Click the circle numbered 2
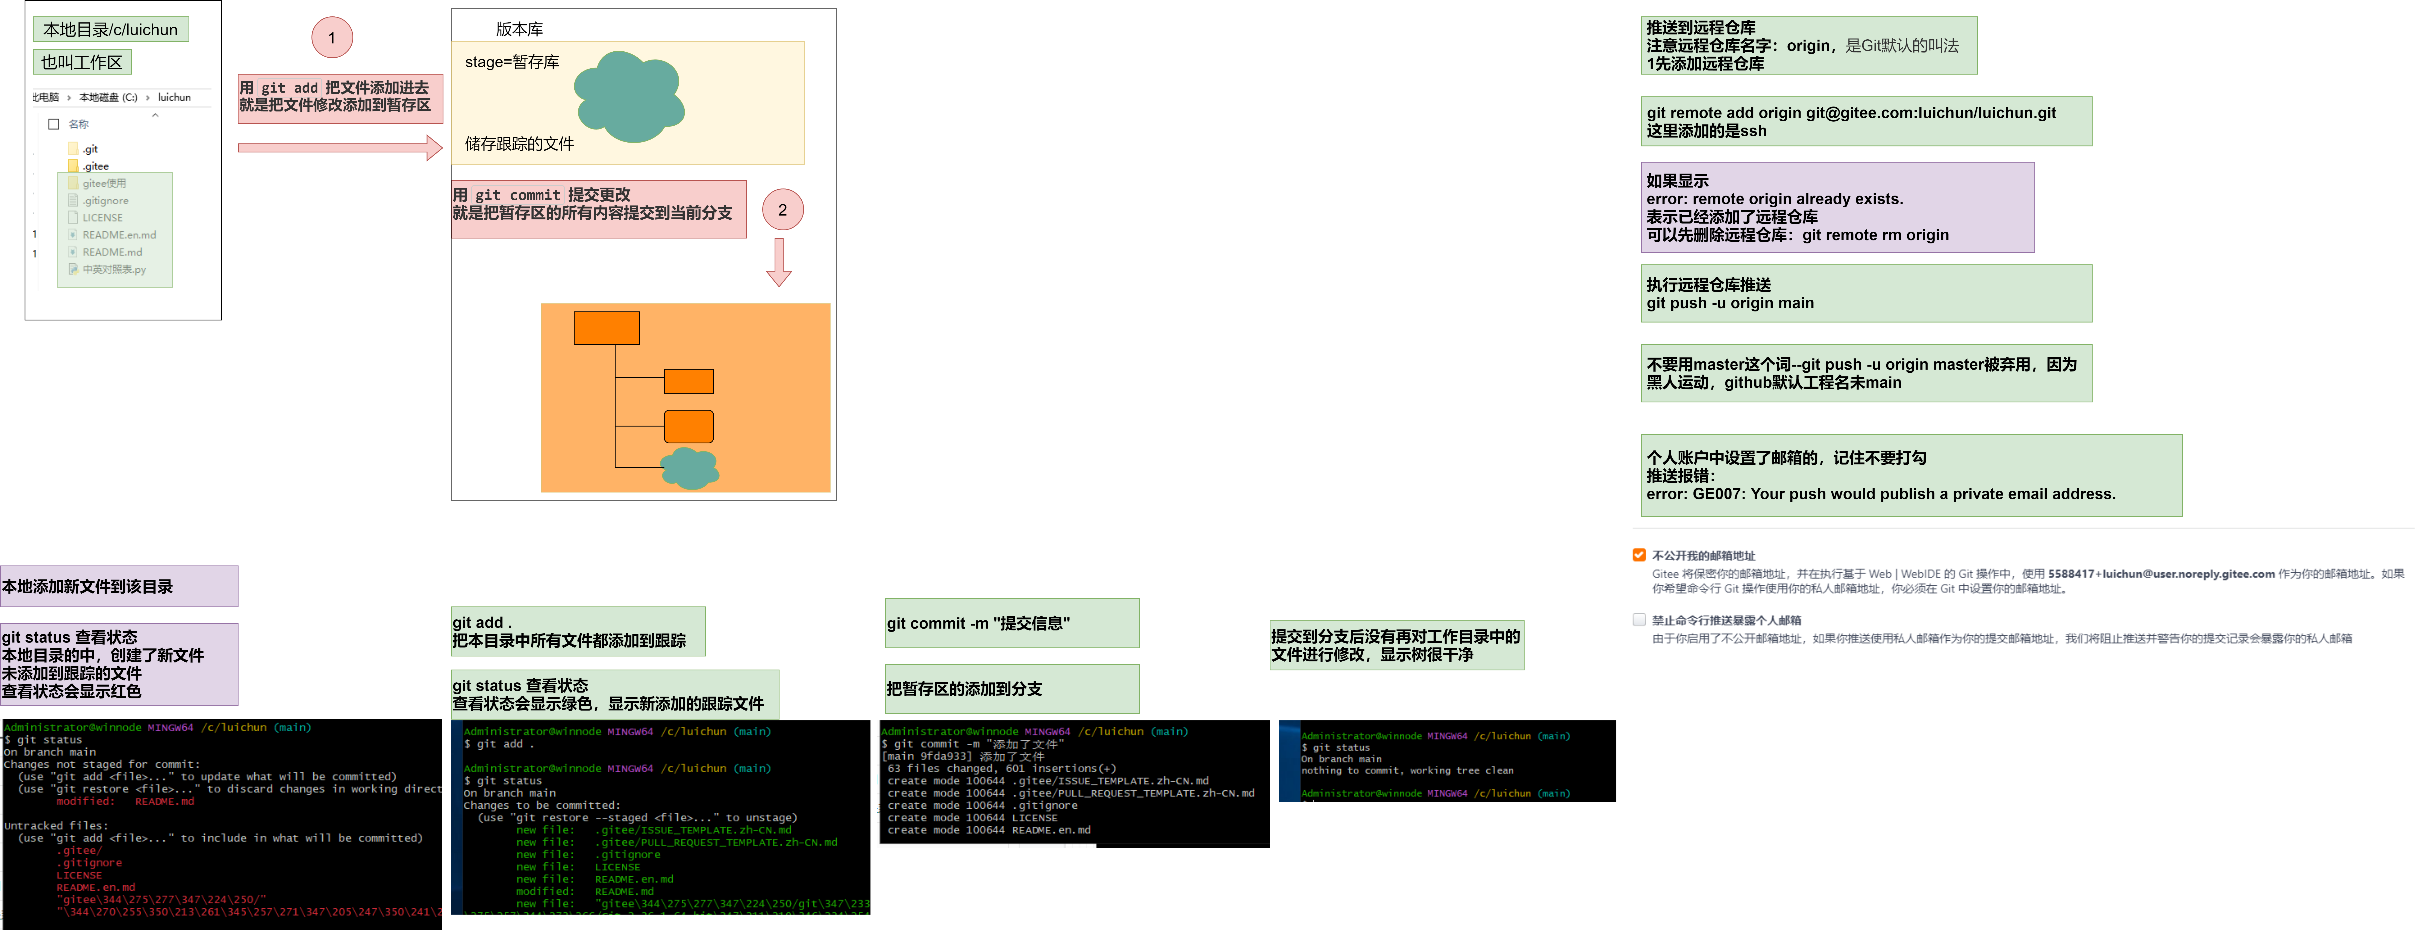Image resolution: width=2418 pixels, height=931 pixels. pyautogui.click(x=782, y=209)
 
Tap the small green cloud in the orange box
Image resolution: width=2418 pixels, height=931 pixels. pyautogui.click(x=690, y=467)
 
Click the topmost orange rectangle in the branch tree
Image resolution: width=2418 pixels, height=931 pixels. pyautogui.click(x=606, y=328)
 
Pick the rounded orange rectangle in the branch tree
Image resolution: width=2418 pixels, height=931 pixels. pyautogui.click(x=688, y=426)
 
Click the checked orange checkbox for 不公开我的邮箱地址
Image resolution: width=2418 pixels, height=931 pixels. pyautogui.click(x=1639, y=555)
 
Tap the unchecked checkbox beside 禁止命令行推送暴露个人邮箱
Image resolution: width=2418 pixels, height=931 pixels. pyautogui.click(x=1639, y=619)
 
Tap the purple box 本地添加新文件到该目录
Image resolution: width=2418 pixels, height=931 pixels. pyautogui.click(x=118, y=587)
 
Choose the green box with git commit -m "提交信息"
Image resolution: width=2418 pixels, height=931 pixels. pyautogui.click(x=1012, y=623)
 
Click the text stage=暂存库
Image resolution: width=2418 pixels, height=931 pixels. pyautogui.click(x=511, y=62)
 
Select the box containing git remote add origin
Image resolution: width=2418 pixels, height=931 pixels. pyautogui.click(x=1865, y=121)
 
